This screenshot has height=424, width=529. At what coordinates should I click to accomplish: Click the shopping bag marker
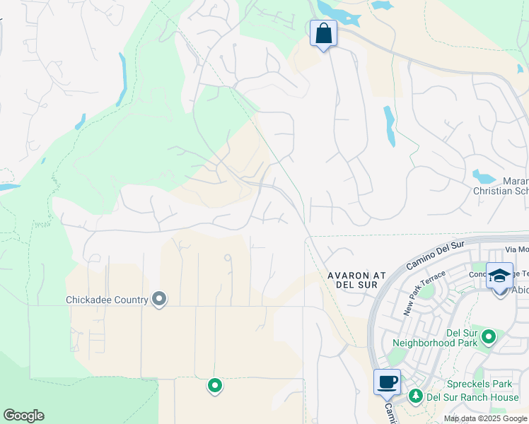(x=323, y=33)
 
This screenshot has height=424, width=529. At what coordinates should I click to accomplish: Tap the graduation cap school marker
(x=499, y=276)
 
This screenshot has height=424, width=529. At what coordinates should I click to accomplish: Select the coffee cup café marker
(x=387, y=382)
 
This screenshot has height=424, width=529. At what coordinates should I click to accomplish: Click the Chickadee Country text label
(x=106, y=300)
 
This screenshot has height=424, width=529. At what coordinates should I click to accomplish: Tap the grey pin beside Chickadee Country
(x=159, y=300)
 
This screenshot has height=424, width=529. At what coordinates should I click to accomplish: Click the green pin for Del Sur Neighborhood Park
(x=488, y=338)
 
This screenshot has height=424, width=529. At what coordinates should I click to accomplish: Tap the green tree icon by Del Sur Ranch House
(x=417, y=396)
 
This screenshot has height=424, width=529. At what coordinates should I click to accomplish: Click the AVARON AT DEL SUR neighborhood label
(x=351, y=278)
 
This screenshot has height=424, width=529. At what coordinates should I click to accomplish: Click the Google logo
(x=23, y=416)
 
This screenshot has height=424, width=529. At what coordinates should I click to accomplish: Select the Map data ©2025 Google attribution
(x=484, y=418)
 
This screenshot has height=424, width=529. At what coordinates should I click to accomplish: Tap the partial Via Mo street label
(x=517, y=249)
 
